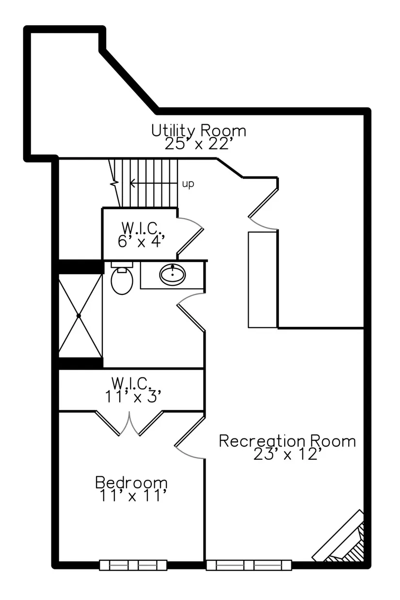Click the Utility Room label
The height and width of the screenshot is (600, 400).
coord(198,130)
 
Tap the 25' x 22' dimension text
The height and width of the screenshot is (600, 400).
coord(198,144)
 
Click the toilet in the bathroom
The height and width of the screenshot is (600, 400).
coord(122,278)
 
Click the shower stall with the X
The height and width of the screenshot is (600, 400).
coord(80,316)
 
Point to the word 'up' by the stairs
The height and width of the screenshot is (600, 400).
coord(188,184)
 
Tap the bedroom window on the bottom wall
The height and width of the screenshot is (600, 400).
coord(133,565)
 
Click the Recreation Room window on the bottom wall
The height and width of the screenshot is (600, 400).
coord(249,565)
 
